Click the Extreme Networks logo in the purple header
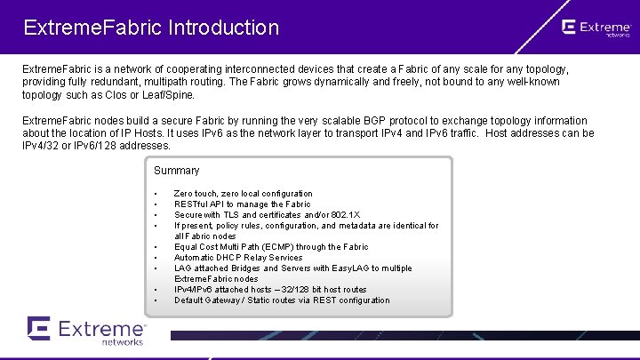[x=596, y=28]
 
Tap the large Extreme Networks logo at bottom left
[x=86, y=330]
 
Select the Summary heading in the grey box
[x=177, y=171]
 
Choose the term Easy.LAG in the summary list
[x=350, y=268]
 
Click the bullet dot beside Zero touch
[x=156, y=194]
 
